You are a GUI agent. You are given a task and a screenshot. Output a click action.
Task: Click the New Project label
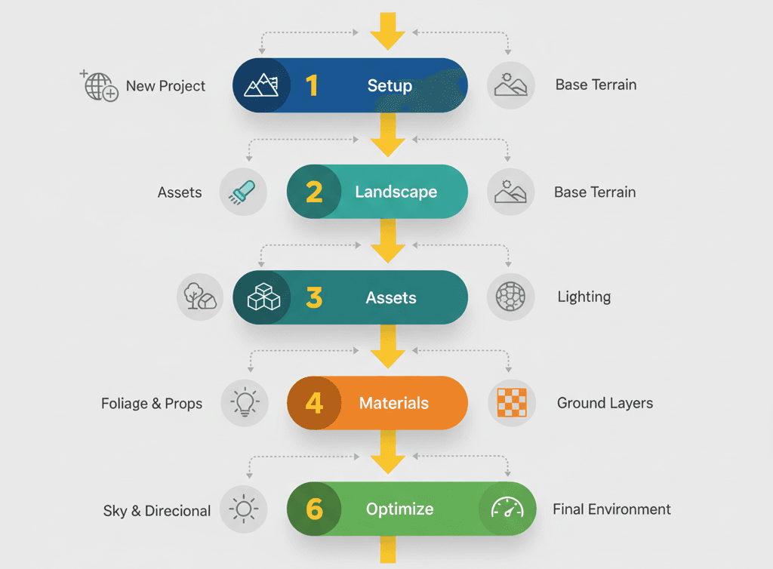click(x=165, y=86)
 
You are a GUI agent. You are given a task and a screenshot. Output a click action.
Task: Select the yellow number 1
click(x=312, y=86)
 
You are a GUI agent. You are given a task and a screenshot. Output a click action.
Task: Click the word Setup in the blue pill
click(x=390, y=86)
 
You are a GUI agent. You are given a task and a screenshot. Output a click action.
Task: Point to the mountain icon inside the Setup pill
click(x=261, y=86)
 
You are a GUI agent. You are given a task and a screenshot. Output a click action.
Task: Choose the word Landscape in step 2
click(x=396, y=192)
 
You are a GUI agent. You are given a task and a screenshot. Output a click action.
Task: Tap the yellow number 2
click(x=314, y=192)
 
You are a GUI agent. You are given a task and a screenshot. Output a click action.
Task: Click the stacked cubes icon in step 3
click(x=263, y=297)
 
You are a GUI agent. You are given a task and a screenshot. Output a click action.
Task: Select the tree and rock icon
click(x=200, y=297)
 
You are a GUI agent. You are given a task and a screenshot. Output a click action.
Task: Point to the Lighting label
click(x=584, y=297)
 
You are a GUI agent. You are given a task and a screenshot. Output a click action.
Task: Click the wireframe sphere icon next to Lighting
click(x=510, y=297)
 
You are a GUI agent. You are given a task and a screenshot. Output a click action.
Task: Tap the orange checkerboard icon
click(x=511, y=403)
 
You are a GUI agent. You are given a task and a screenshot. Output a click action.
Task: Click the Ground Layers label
click(x=605, y=403)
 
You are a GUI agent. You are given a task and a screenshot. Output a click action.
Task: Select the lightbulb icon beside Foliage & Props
click(x=244, y=403)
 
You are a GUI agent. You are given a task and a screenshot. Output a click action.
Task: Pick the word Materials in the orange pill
click(x=394, y=403)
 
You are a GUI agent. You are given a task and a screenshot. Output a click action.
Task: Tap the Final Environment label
click(x=611, y=509)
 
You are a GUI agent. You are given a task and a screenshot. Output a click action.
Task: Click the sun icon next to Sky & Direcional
click(x=244, y=509)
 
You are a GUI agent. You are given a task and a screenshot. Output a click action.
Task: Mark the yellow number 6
click(x=314, y=509)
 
